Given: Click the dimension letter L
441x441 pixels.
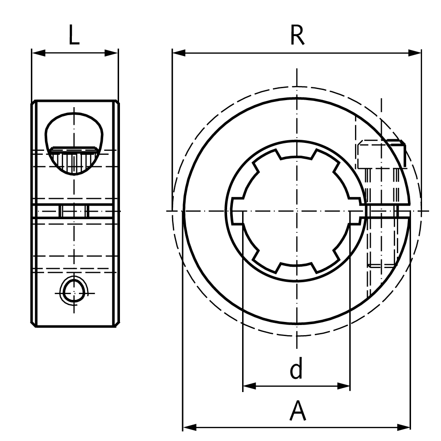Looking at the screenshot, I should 74,36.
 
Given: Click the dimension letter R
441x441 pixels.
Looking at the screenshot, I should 297,36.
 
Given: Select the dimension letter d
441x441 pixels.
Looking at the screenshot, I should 296,370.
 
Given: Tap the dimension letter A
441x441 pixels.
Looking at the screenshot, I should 298,411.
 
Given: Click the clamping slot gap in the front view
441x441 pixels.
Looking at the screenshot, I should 388,211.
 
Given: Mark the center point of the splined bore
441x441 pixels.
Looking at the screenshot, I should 297,211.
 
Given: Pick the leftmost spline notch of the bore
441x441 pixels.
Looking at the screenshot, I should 236,211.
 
